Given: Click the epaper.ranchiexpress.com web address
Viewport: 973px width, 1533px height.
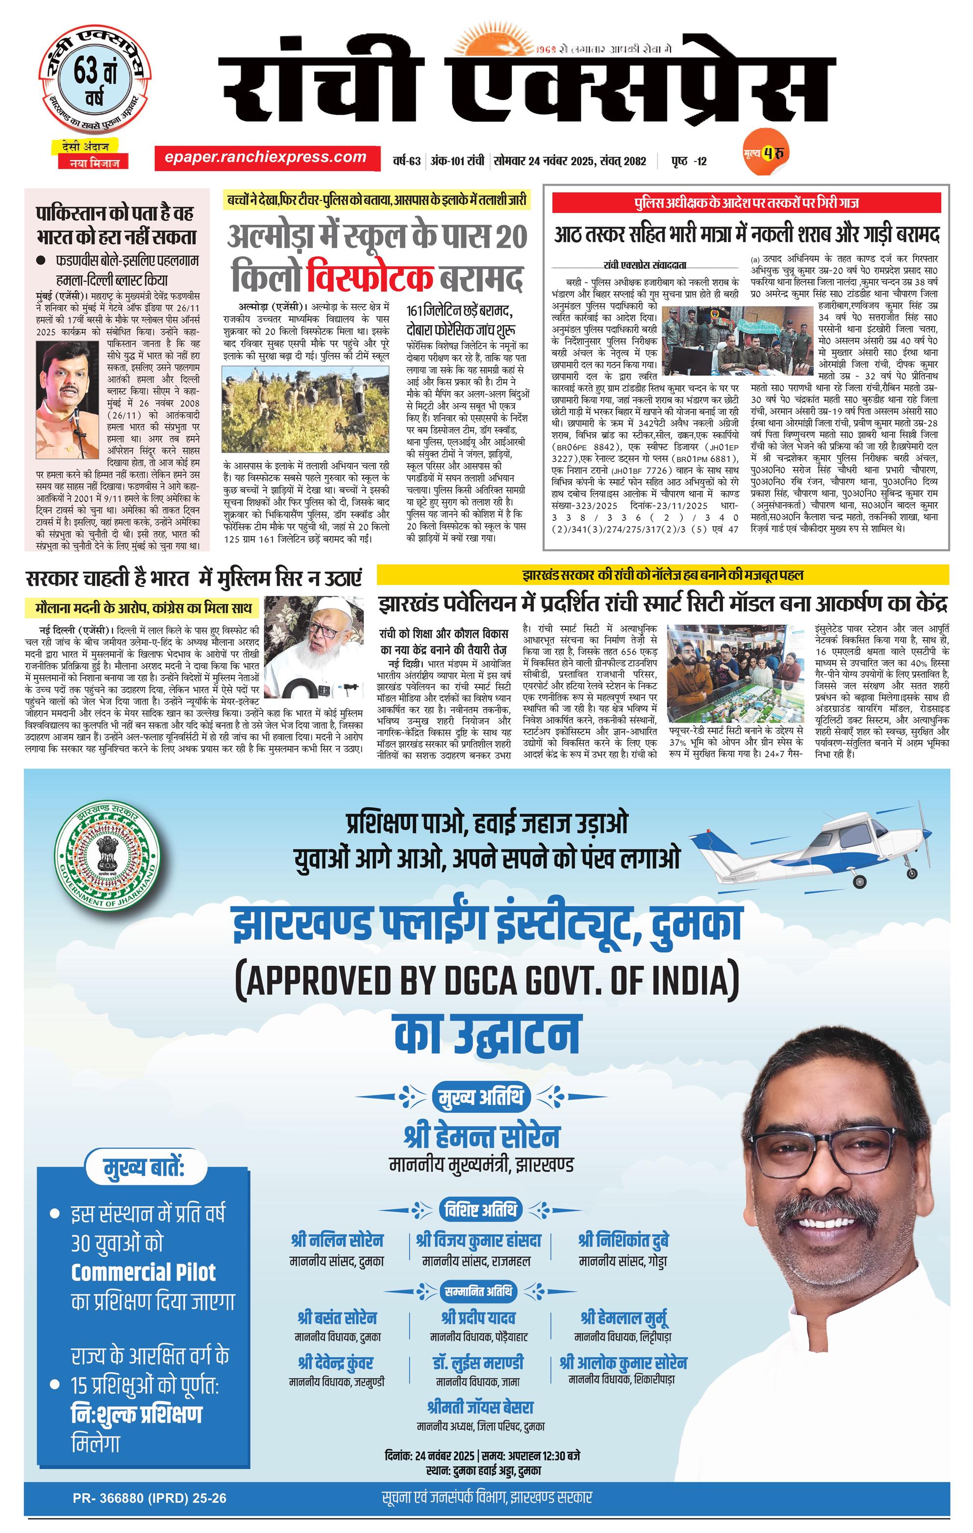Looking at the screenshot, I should pos(265,157).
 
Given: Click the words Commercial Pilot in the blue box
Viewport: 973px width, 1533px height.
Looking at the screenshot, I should pos(143,1272).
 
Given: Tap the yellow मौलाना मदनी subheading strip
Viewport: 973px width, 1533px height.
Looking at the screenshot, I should pos(143,608).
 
